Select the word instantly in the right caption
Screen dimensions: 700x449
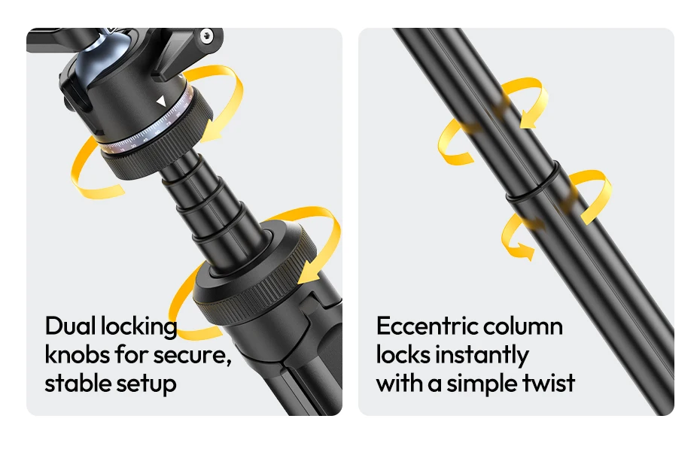[x=482, y=356]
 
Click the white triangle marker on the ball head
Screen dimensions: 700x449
[x=161, y=102]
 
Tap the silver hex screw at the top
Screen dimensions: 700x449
[x=206, y=35]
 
